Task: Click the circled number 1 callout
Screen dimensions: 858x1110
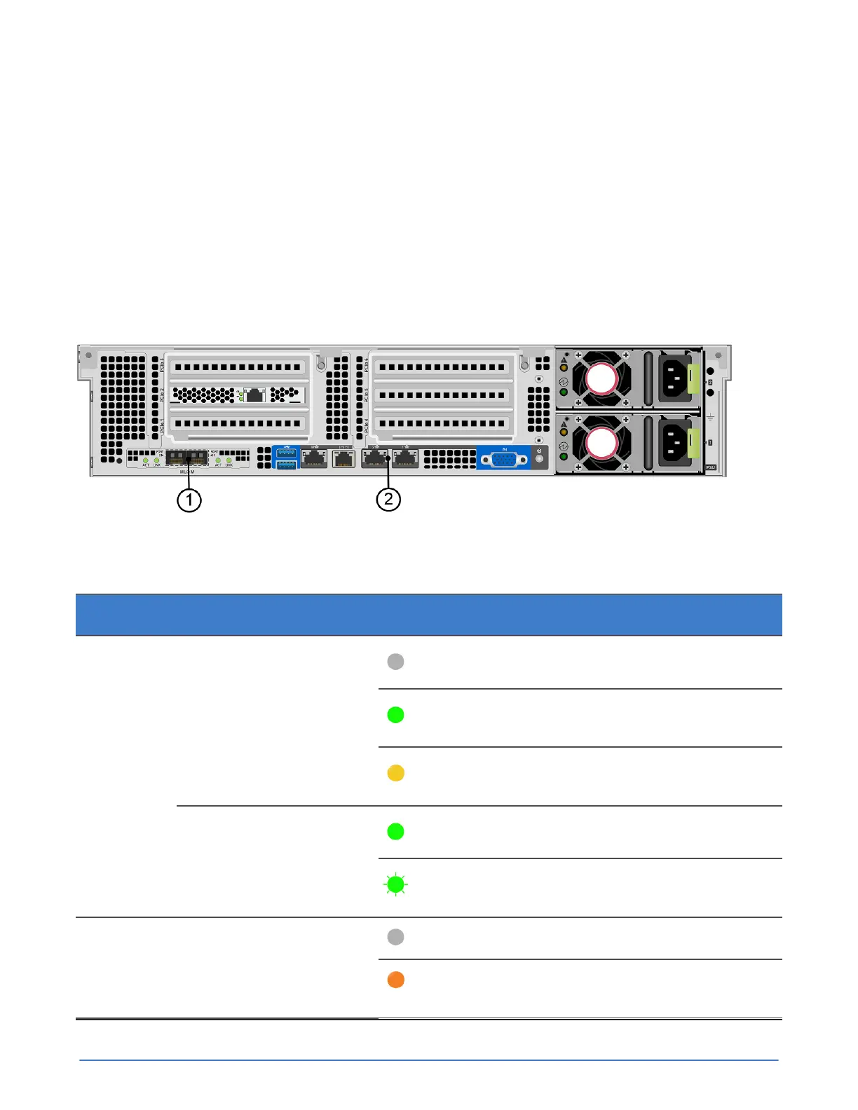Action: tap(189, 500)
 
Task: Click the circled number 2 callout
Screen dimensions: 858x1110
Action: tap(388, 500)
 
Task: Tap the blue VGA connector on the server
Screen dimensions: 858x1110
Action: tap(504, 460)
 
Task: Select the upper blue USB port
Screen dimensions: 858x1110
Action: tap(286, 452)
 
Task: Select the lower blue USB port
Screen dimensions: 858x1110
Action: tap(286, 464)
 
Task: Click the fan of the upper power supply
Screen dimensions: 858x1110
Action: tap(601, 380)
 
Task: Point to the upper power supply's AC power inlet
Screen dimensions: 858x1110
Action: tap(675, 379)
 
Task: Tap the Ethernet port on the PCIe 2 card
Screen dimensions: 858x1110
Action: tap(254, 395)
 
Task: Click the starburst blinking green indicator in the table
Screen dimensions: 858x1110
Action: tap(395, 885)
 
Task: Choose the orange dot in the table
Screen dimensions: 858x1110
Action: tap(395, 980)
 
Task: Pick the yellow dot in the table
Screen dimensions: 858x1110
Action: tap(395, 773)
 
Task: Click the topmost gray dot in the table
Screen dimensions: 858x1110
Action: tap(395, 662)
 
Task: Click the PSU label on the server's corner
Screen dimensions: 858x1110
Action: tap(711, 467)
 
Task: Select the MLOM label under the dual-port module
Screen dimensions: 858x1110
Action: tap(187, 472)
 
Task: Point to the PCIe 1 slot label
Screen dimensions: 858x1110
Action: tap(162, 424)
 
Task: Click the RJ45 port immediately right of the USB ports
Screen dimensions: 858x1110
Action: tap(314, 458)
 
